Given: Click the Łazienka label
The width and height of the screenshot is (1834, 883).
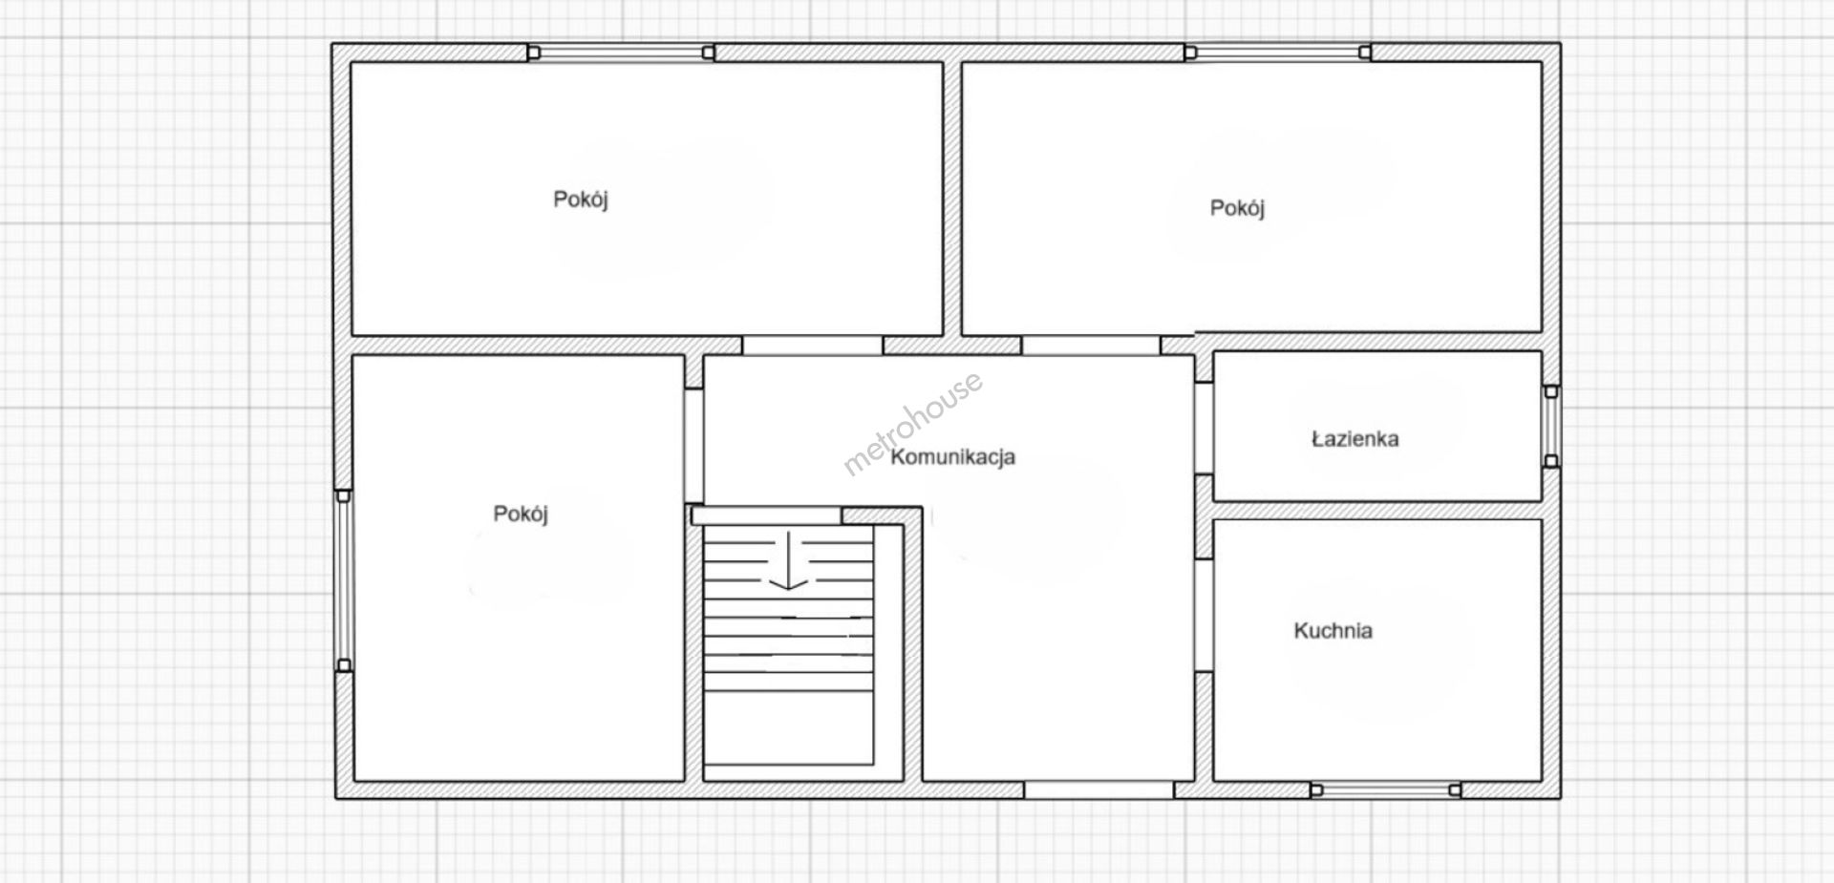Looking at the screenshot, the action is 1354,439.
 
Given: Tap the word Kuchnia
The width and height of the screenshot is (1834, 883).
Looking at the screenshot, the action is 1333,631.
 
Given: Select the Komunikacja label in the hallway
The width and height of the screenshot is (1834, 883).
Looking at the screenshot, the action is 952,457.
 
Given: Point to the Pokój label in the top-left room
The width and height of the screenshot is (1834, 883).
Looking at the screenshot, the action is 581,200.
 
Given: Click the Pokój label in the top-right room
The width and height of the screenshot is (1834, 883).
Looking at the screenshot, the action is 1237,208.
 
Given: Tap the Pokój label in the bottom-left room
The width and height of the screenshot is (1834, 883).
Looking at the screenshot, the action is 521,515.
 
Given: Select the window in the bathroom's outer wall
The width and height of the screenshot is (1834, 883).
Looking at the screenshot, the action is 1551,426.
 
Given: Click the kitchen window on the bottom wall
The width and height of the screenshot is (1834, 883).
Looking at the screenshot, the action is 1385,789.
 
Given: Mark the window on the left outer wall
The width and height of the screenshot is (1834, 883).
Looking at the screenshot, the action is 344,580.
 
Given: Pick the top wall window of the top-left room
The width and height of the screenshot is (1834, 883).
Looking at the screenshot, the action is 621,53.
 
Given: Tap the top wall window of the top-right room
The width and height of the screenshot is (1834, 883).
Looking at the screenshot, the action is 1278,53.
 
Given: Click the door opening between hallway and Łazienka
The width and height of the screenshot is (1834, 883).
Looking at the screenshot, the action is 1204,428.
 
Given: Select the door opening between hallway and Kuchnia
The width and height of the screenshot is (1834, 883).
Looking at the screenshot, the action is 1204,615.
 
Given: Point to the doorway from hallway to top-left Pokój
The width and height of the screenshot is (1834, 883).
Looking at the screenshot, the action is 813,345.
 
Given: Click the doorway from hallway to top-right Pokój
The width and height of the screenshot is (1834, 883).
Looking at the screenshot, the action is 1091,345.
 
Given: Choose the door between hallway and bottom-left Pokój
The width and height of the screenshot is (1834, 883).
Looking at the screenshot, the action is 693,445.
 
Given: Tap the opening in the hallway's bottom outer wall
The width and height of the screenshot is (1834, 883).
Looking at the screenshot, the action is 1099,789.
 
